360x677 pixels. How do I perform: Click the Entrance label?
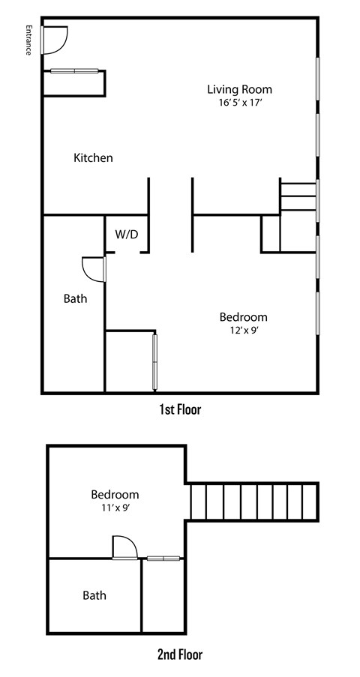click(28, 40)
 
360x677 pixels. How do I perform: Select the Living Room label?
click(240, 89)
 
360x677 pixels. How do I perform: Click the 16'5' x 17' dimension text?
click(240, 103)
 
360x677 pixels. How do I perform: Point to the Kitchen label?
click(93, 158)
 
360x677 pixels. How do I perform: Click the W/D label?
click(126, 235)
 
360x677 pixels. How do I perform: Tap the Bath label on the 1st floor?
click(75, 298)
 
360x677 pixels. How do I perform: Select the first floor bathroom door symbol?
click(93, 268)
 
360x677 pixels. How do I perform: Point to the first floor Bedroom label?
click(243, 316)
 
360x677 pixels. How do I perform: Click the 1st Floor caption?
click(180, 409)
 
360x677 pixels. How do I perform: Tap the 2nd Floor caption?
click(180, 655)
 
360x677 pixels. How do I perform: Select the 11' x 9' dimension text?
click(115, 508)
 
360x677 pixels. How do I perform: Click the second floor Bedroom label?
click(115, 495)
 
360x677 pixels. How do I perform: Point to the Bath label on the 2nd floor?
click(94, 596)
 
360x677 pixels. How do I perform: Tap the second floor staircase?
click(253, 502)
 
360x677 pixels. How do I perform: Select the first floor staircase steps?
click(298, 196)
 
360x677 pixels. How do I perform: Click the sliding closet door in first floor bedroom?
click(155, 362)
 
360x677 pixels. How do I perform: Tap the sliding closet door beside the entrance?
click(75, 71)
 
